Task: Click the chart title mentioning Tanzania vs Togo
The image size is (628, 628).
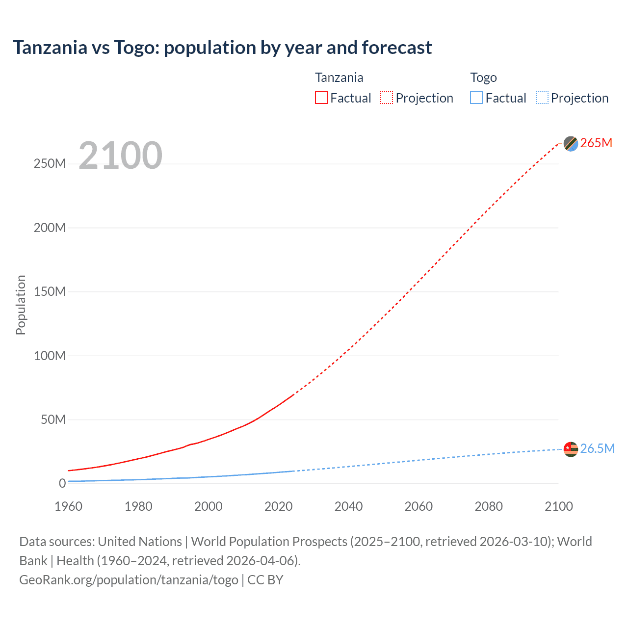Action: point(222,48)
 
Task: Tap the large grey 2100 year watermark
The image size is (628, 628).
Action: point(120,156)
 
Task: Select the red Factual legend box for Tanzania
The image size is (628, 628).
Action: point(321,98)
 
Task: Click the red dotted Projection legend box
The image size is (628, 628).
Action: point(387,98)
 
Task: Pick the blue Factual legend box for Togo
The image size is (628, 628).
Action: point(476,98)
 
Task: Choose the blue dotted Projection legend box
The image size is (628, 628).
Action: point(542,98)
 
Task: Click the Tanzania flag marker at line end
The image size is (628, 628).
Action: point(571,144)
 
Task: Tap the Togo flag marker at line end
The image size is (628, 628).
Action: point(571,449)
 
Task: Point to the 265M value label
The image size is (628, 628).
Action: point(596,143)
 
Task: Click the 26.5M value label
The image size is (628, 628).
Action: point(597,448)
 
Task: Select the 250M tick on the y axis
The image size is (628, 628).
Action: point(50,164)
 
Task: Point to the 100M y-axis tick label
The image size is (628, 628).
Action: point(50,356)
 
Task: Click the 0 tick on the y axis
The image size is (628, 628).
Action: point(62,483)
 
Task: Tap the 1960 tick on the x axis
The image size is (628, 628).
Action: point(68,506)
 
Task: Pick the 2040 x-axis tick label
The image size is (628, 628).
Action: point(348,506)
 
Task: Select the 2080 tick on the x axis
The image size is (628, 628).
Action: point(489,506)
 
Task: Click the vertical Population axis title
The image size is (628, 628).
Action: point(21,305)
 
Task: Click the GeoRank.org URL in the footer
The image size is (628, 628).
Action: point(129,580)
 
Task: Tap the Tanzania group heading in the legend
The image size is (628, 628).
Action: point(339,78)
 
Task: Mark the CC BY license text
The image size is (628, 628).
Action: point(265,580)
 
